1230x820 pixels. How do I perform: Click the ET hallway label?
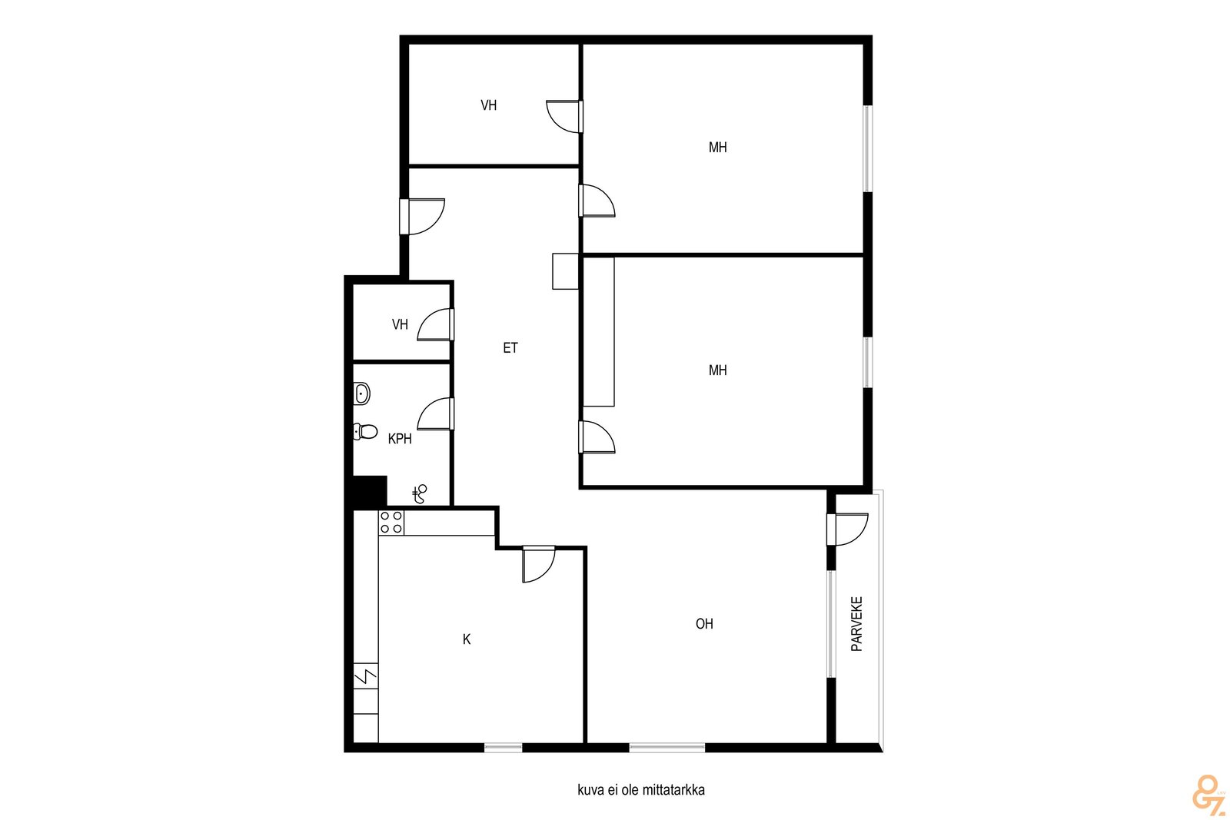pos(510,347)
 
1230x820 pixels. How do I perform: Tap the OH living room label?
pos(704,623)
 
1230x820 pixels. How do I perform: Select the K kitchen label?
pos(466,639)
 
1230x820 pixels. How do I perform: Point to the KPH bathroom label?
pos(400,439)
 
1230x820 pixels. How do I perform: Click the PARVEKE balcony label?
pos(856,623)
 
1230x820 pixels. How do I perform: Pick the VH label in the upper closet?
pos(489,105)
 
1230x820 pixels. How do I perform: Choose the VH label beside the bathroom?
pos(400,324)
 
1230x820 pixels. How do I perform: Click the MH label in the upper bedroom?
pos(718,147)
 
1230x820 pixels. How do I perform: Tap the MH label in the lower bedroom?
pos(718,370)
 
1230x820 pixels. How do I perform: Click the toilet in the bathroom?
pos(365,431)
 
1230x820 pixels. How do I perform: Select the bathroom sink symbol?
pos(362,393)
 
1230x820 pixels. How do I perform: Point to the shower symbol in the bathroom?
pos(420,494)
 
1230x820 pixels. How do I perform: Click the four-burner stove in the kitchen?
pos(391,522)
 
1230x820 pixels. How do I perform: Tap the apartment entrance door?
pos(422,217)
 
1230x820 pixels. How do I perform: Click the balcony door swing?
pos(848,530)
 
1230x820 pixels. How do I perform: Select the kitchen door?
pos(539,564)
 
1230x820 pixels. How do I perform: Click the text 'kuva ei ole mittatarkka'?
pos(641,790)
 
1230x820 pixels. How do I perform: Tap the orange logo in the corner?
pos(1209,792)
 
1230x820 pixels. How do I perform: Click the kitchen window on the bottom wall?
pos(503,748)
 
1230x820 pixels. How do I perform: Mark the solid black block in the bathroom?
pos(370,490)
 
